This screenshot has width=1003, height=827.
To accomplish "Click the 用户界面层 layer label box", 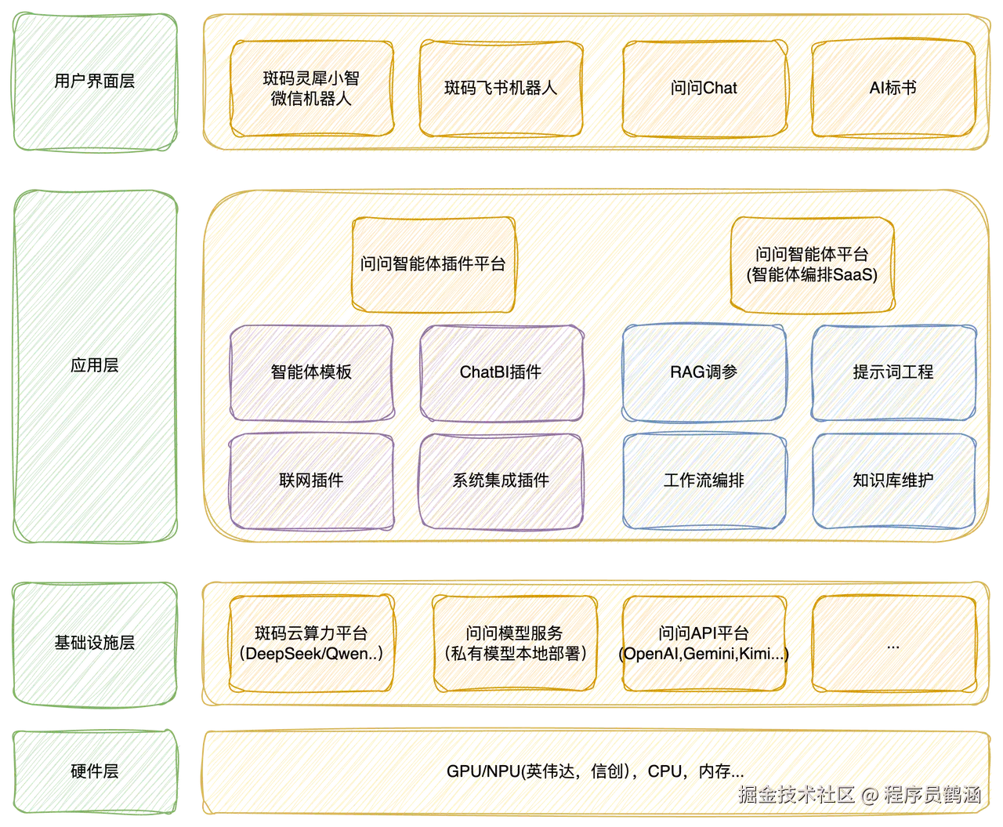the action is (94, 82).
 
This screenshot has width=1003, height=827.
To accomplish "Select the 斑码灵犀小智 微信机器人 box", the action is (311, 89).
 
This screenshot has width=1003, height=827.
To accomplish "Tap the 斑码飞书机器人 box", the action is (501, 89).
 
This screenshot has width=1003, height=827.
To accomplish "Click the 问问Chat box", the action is (704, 89).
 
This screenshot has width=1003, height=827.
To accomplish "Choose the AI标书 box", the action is (893, 89).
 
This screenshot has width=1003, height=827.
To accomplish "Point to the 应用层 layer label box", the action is (94, 365).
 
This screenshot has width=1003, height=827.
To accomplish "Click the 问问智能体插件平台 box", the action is (433, 264).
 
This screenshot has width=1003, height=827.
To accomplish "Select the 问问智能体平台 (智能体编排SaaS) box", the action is (812, 264).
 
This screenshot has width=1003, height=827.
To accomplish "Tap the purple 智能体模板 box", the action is (311, 372).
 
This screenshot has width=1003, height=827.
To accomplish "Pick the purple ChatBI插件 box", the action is (501, 372).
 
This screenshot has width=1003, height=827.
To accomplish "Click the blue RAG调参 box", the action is (704, 372).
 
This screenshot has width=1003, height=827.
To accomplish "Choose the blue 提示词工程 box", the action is (893, 372).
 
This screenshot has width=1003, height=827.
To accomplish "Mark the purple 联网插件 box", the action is (311, 481).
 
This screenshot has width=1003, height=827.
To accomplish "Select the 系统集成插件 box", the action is (501, 481).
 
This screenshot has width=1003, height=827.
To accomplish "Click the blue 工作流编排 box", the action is (704, 481).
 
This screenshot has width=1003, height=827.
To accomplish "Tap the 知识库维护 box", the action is (893, 481).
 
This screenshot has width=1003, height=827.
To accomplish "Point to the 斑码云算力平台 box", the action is (311, 644).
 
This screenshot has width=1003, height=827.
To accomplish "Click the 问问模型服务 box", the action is (515, 644).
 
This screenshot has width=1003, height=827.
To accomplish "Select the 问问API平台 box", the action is (704, 644).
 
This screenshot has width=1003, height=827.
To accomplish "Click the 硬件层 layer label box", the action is (94, 771).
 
